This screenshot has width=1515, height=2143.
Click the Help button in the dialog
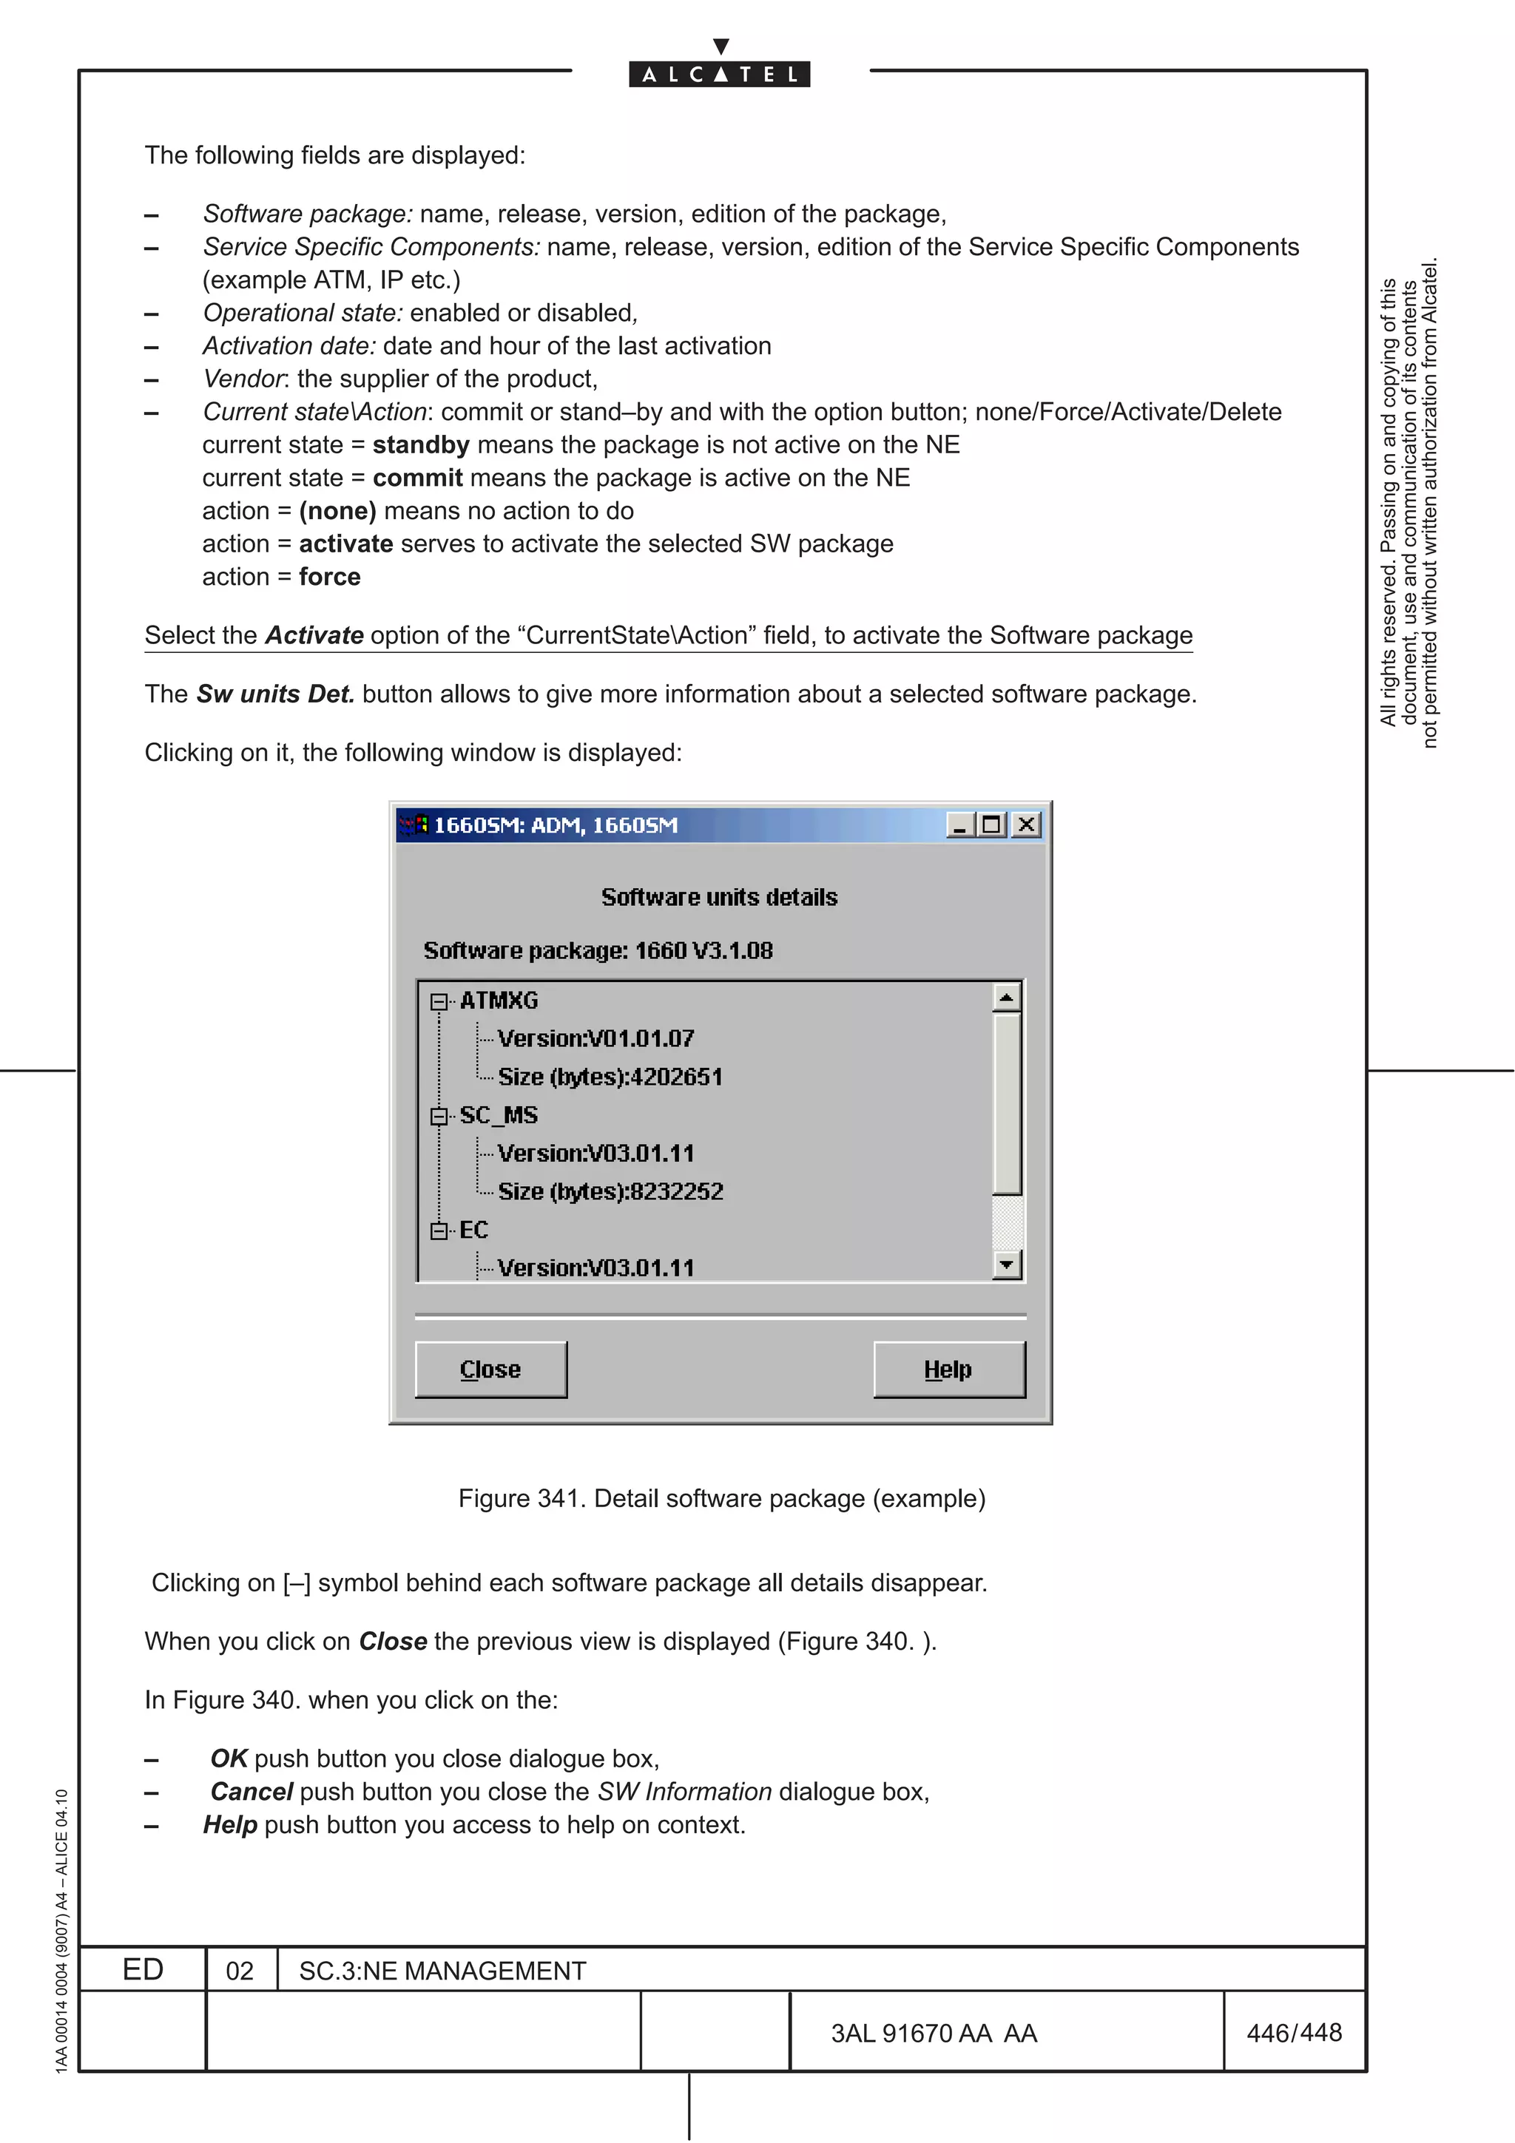pos(948,1370)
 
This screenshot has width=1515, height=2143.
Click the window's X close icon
pos(1026,825)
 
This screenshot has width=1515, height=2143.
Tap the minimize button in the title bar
pos(959,825)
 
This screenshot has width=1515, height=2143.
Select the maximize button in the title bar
pos(992,825)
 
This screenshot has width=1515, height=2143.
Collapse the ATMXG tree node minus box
pos(439,1001)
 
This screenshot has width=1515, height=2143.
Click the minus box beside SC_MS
pos(439,1117)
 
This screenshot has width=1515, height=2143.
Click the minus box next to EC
pos(439,1231)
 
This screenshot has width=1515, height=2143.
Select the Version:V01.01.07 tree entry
pos(595,1039)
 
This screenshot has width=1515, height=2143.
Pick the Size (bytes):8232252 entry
pos(610,1192)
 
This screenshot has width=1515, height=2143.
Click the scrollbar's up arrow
pos(1006,998)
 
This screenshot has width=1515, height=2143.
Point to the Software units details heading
pos(719,897)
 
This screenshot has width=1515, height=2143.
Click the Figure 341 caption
pos(721,1498)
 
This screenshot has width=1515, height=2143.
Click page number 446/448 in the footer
pos(1294,2033)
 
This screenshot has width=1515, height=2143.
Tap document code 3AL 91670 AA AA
pos(934,2034)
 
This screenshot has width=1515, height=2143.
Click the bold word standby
pos(421,445)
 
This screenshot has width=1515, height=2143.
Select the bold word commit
pos(417,478)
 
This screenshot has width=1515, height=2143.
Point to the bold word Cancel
pos(252,1792)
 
